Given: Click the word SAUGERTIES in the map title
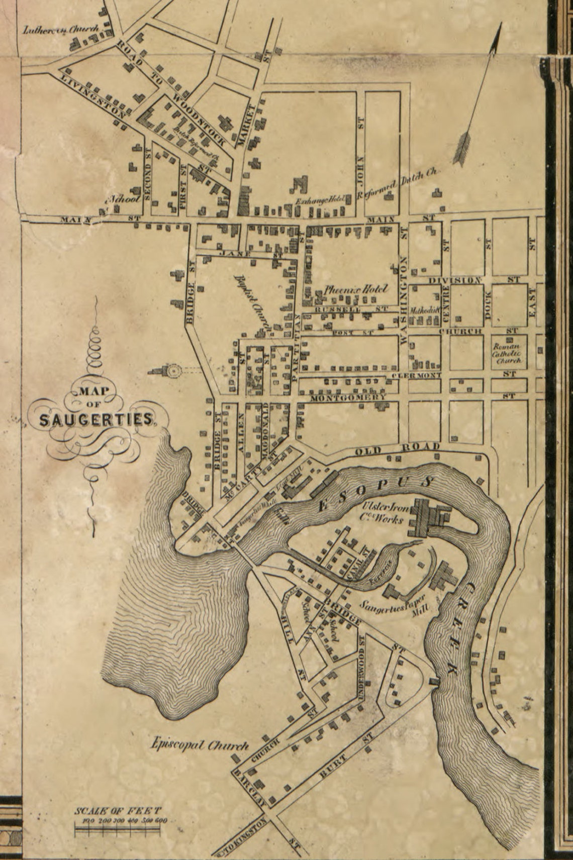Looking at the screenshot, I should pyautogui.click(x=95, y=420).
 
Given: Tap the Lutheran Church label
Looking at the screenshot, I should pyautogui.click(x=61, y=30).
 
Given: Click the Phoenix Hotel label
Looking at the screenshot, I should pyautogui.click(x=356, y=290).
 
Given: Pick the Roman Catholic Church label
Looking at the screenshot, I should pyautogui.click(x=507, y=353).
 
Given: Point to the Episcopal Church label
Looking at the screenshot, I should pyautogui.click(x=200, y=745).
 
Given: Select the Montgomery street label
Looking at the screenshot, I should pyautogui.click(x=348, y=398).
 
